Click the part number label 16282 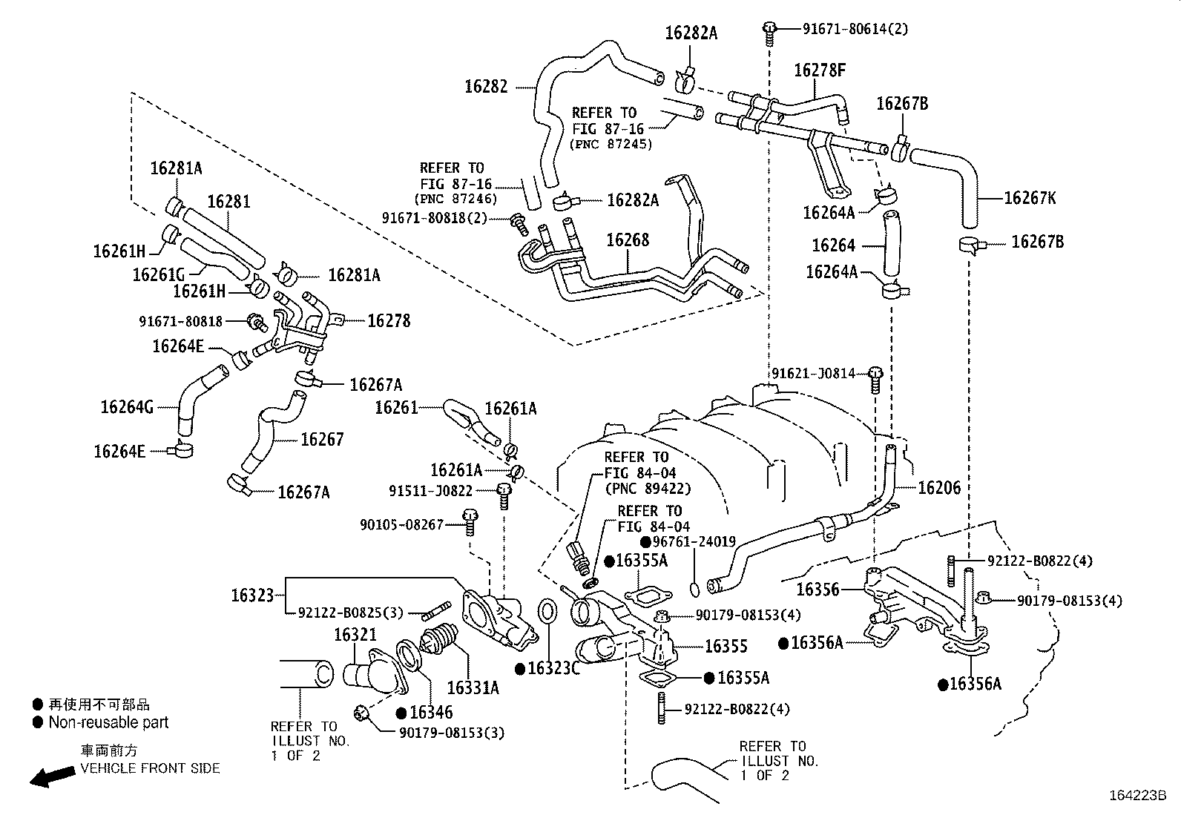486,87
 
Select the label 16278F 820,70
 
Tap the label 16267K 1030,198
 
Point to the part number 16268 627,240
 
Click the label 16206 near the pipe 938,487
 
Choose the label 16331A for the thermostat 473,687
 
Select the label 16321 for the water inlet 355,635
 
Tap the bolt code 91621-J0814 813,373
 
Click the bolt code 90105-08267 401,524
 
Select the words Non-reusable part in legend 108,722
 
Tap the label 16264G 127,406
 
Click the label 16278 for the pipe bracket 389,320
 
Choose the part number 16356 817,590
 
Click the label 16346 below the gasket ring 430,713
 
